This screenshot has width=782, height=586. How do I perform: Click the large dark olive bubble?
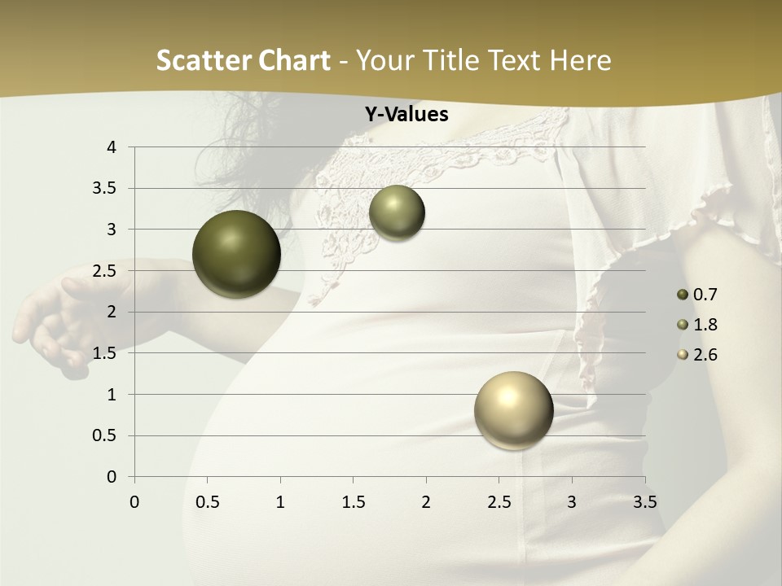click(x=236, y=254)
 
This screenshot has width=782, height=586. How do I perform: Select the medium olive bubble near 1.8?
click(x=397, y=213)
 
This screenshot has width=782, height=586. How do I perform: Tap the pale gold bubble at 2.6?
click(x=513, y=410)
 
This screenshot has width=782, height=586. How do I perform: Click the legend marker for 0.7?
click(x=683, y=295)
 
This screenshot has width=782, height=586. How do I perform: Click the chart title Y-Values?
click(x=406, y=115)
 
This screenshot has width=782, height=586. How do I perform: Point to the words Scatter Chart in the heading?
click(x=243, y=60)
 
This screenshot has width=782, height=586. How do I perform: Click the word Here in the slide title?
click(x=580, y=60)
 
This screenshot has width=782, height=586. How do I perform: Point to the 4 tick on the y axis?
click(x=112, y=147)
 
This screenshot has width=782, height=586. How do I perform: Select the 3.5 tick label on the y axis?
click(x=106, y=189)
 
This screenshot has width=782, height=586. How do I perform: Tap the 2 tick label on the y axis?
click(x=112, y=312)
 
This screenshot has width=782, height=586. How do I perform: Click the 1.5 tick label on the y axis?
click(x=106, y=353)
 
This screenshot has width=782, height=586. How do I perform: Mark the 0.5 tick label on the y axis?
click(x=106, y=435)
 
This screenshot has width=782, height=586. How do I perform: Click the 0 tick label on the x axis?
click(x=134, y=501)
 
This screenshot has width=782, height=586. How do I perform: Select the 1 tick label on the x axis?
click(x=280, y=501)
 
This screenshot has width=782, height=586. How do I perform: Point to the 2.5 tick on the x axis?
click(x=499, y=501)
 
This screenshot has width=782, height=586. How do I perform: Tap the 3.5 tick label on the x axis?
click(x=644, y=501)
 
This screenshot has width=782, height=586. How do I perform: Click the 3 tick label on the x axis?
click(x=572, y=501)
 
